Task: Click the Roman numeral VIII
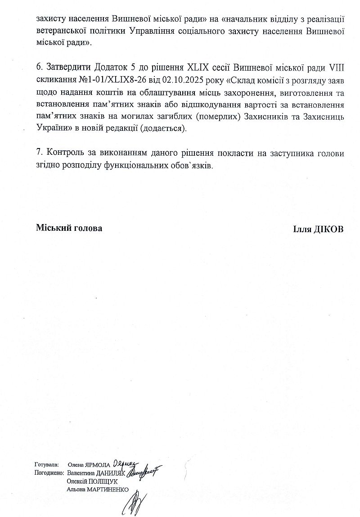tap(336, 67)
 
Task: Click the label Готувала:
tap(46, 464)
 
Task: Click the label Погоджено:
tap(49, 473)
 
